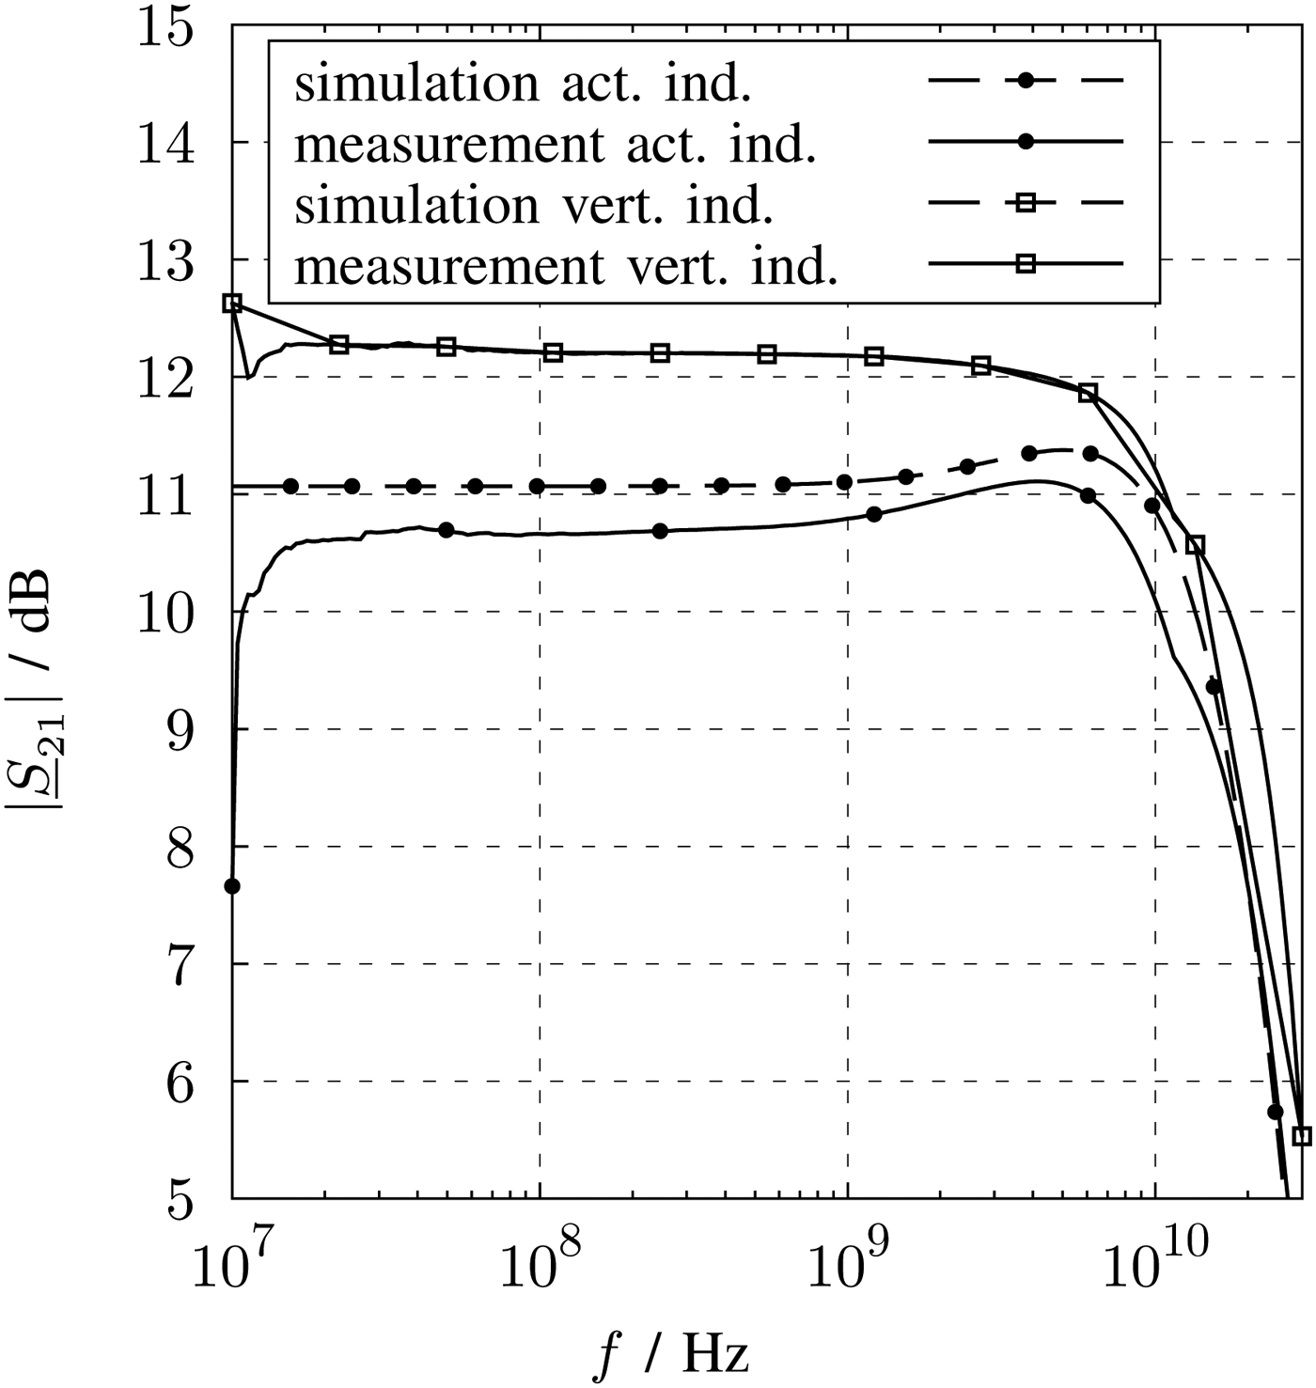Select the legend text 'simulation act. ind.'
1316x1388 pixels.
tap(523, 84)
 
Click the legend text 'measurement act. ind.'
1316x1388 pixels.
tap(555, 145)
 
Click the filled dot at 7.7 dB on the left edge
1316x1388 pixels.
tap(232, 886)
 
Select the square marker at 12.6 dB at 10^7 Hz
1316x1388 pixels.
tap(232, 303)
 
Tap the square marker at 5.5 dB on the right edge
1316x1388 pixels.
tap(1302, 1136)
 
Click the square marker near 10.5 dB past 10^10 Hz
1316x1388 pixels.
tap(1196, 545)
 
